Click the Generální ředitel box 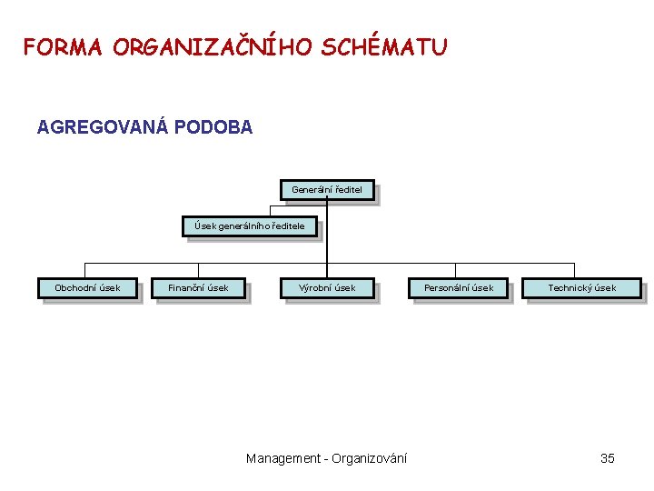[327, 191]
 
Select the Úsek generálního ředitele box [250, 226]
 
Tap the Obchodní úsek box [87, 288]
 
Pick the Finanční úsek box [198, 288]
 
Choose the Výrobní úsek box [327, 288]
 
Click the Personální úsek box [459, 288]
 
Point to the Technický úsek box [581, 288]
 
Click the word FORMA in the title [63, 46]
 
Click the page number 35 [608, 458]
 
